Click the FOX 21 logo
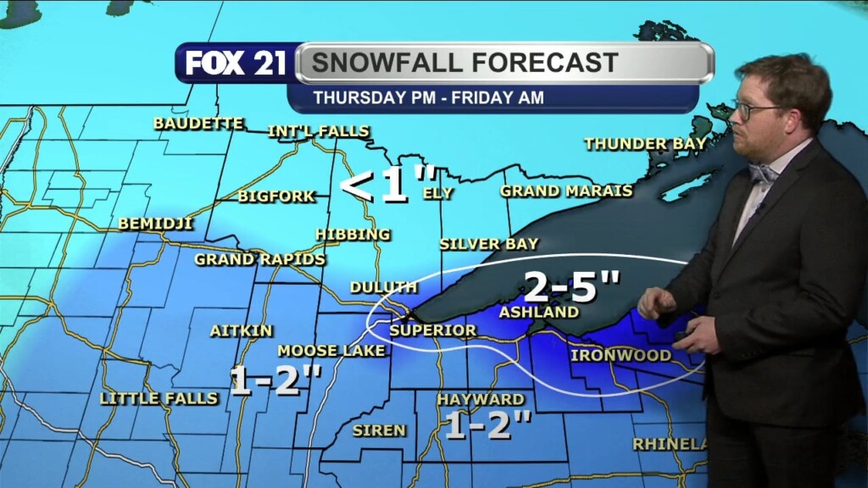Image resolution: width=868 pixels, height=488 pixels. click(x=236, y=64)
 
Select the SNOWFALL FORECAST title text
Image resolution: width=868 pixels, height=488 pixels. click(x=464, y=63)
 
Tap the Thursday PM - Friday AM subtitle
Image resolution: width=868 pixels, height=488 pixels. click(x=428, y=97)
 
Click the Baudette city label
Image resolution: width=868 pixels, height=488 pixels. click(x=198, y=124)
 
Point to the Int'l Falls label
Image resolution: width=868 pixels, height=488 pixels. click(x=319, y=131)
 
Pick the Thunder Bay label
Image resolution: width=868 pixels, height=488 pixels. click(x=645, y=144)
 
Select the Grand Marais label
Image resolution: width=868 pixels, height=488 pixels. click(x=566, y=191)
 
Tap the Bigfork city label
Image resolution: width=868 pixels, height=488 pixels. click(x=276, y=197)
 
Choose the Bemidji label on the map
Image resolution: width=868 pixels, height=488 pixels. click(x=156, y=224)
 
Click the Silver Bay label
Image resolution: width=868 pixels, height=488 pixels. click(x=488, y=244)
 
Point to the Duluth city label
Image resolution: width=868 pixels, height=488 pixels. click(x=384, y=287)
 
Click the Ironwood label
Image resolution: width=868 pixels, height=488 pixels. click(x=620, y=355)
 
